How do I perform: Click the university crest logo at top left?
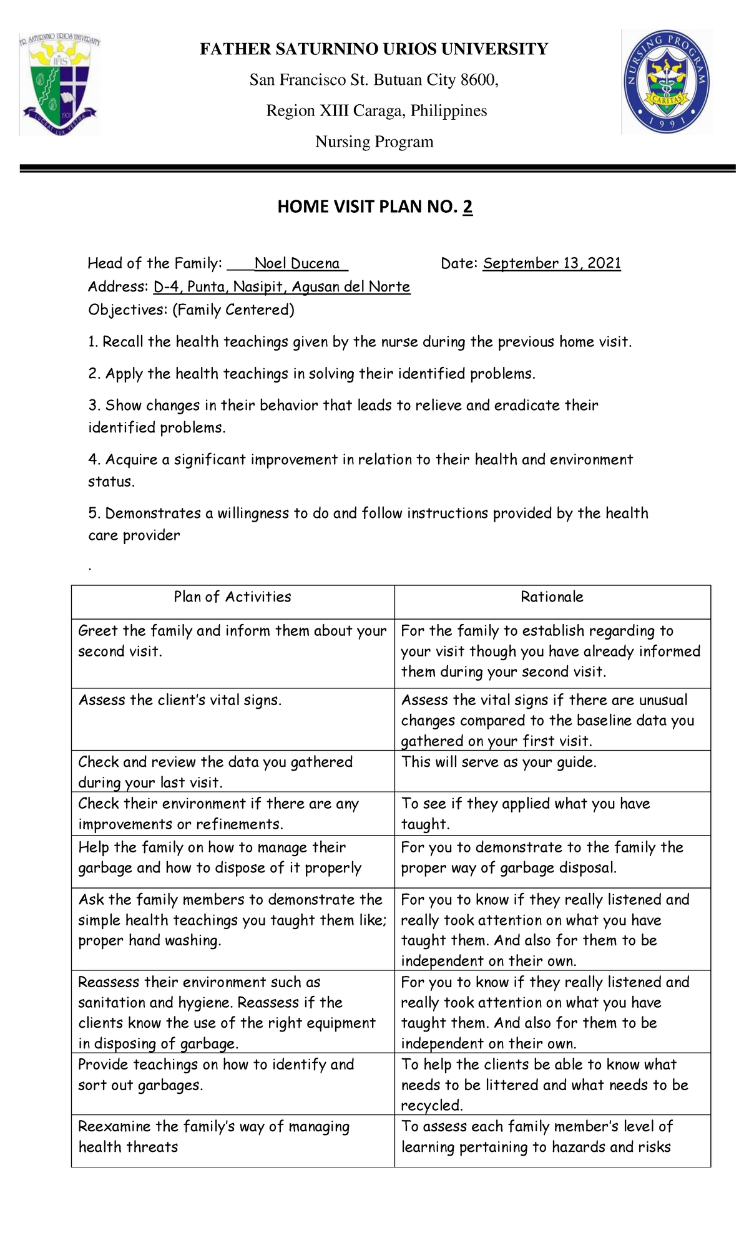point(59,82)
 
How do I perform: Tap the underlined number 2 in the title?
point(468,207)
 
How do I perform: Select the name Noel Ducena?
point(297,263)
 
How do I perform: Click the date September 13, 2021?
point(552,263)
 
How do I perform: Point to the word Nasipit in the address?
point(259,287)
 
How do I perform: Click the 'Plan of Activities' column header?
point(232,597)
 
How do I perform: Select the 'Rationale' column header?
point(552,597)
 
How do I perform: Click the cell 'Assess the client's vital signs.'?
point(180,700)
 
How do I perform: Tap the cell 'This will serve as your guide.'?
point(499,762)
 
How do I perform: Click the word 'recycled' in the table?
point(431,1106)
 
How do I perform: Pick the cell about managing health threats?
point(213,1136)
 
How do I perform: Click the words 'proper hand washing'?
point(149,941)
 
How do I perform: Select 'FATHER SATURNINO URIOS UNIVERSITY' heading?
point(374,49)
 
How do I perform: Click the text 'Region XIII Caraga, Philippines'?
point(376,111)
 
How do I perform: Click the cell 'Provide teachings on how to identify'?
point(216,1065)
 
